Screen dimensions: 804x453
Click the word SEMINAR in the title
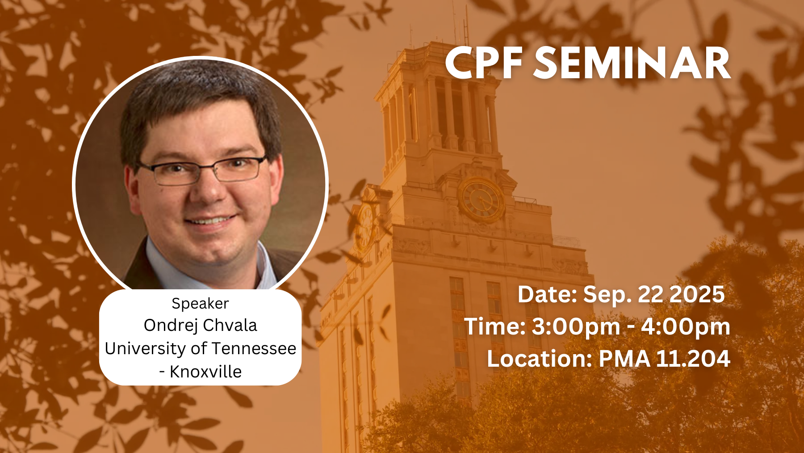coord(632,63)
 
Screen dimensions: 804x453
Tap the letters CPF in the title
coord(483,63)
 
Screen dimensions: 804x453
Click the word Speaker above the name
coord(200,304)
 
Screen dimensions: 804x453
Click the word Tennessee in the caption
coord(254,348)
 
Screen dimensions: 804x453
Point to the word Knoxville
coord(205,372)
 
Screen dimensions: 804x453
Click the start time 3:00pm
coord(576,327)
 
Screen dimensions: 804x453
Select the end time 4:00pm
coord(686,327)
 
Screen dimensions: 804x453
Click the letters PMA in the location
coord(624,359)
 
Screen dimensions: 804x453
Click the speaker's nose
coord(209,188)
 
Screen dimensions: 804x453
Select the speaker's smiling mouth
coord(210,220)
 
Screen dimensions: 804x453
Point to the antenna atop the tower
coord(465,25)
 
